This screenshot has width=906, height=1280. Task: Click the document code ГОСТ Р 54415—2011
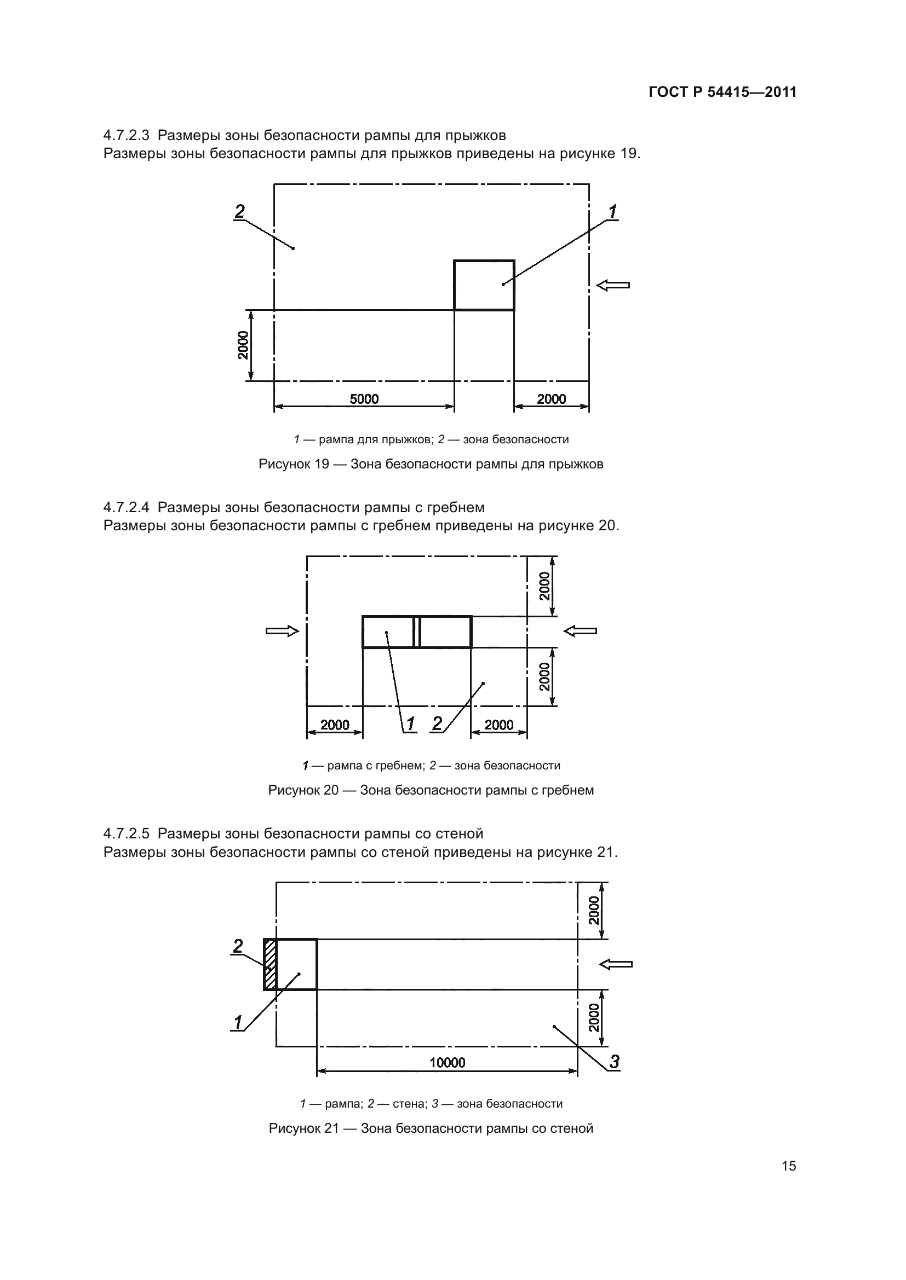[722, 92]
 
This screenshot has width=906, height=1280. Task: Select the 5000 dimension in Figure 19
[364, 398]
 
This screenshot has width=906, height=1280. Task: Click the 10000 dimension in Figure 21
[447, 1063]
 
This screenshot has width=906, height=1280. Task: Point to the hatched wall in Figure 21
[270, 964]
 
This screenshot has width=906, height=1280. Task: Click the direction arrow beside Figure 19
[612, 286]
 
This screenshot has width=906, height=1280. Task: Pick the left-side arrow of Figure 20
[282, 631]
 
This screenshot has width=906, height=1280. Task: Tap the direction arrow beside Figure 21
[615, 964]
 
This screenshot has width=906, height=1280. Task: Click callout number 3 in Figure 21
[614, 1062]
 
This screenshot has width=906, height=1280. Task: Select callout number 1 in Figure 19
[612, 212]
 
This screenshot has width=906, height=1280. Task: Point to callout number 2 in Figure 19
[239, 212]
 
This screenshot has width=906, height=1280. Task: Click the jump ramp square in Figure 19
[484, 285]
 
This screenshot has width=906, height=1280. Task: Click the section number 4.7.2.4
[127, 508]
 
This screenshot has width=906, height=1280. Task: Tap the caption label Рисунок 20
[303, 790]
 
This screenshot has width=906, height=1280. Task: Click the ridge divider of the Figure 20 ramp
[417, 632]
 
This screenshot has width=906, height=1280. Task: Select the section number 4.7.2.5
[127, 834]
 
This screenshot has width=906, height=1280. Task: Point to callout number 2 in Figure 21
[238, 946]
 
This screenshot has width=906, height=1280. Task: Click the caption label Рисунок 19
[294, 464]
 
